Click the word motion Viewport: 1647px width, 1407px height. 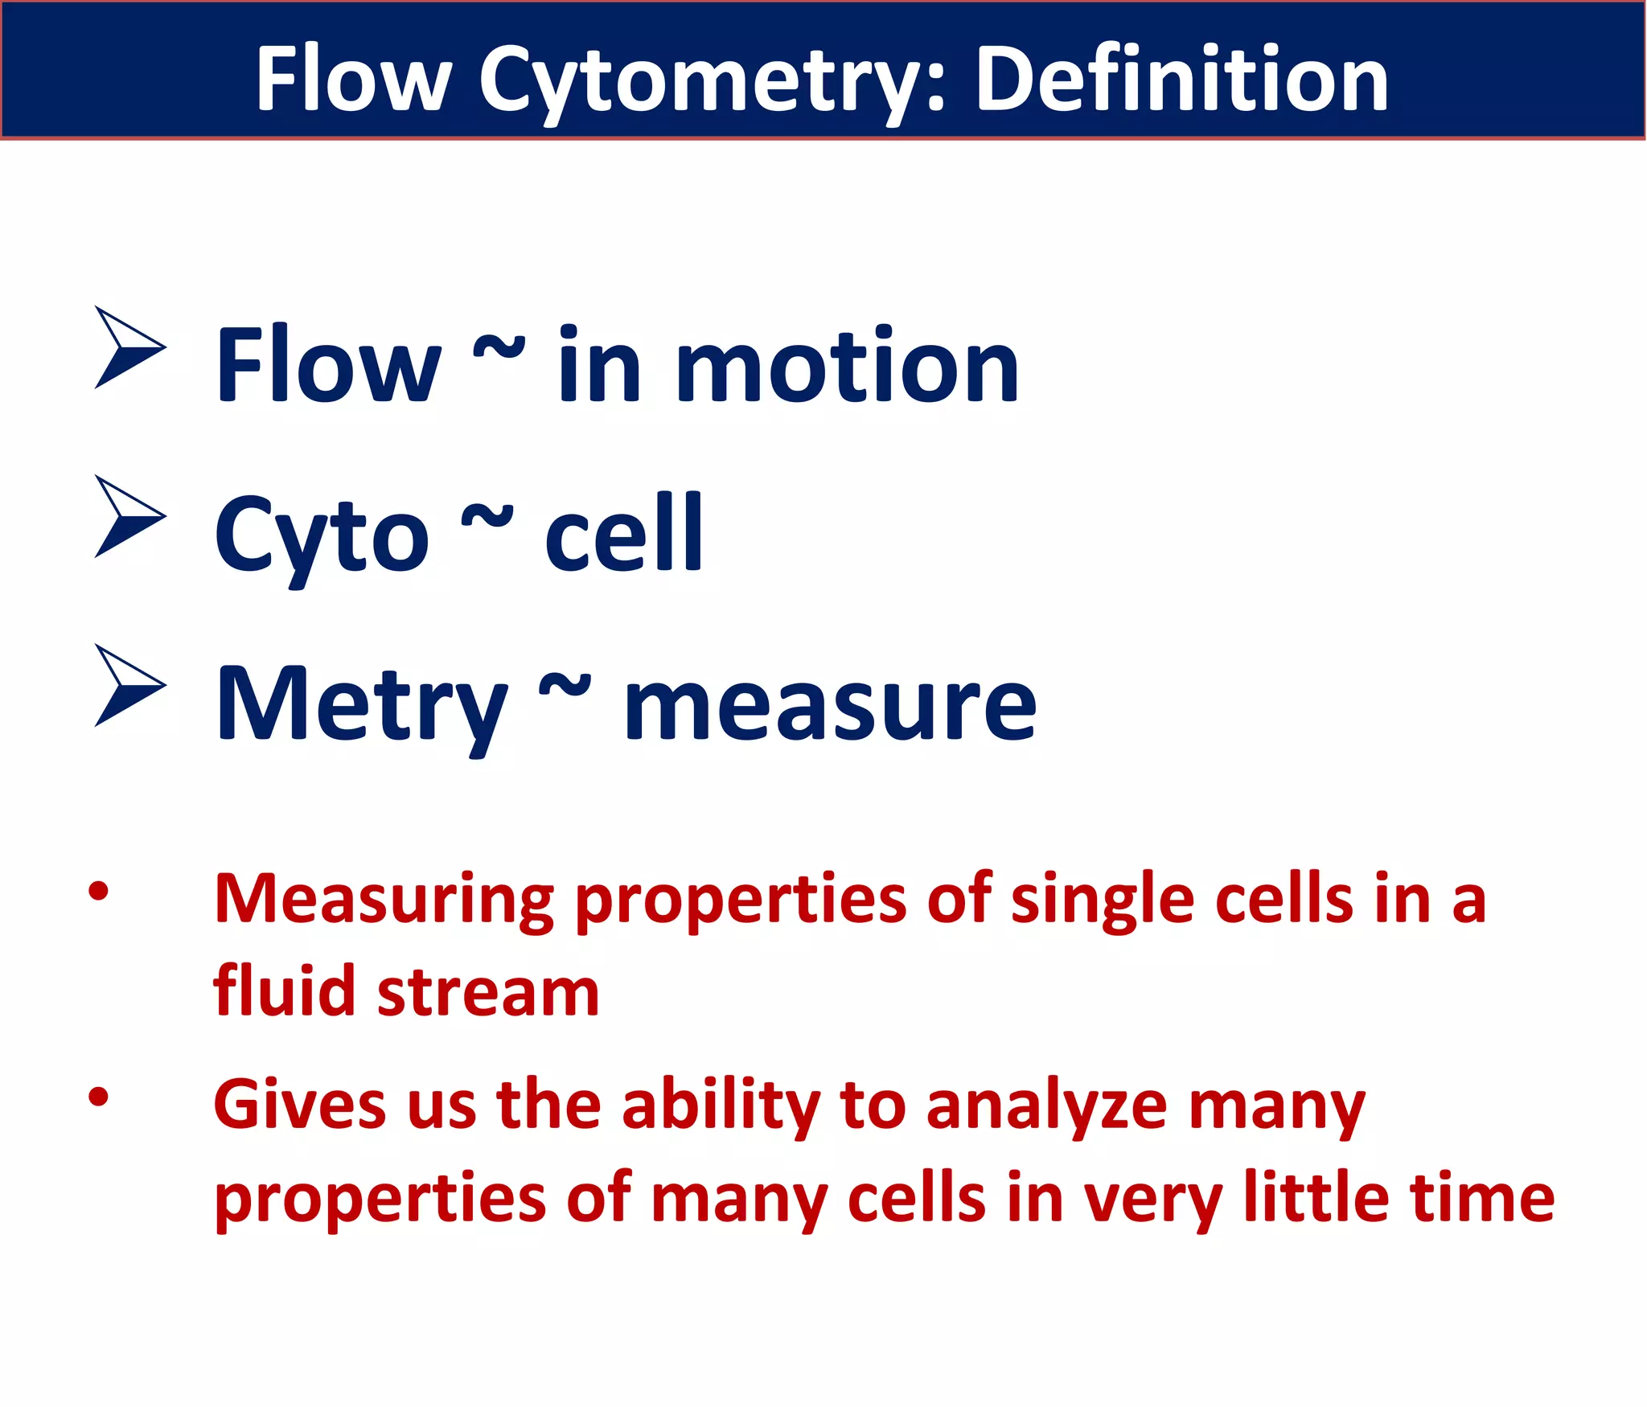pyautogui.click(x=848, y=368)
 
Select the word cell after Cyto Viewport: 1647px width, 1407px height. pyautogui.click(x=623, y=535)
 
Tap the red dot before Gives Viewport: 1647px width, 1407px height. pyautogui.click(x=98, y=1097)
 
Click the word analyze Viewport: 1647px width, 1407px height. pyautogui.click(x=1046, y=1108)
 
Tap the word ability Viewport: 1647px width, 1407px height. pyautogui.click(x=721, y=1108)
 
